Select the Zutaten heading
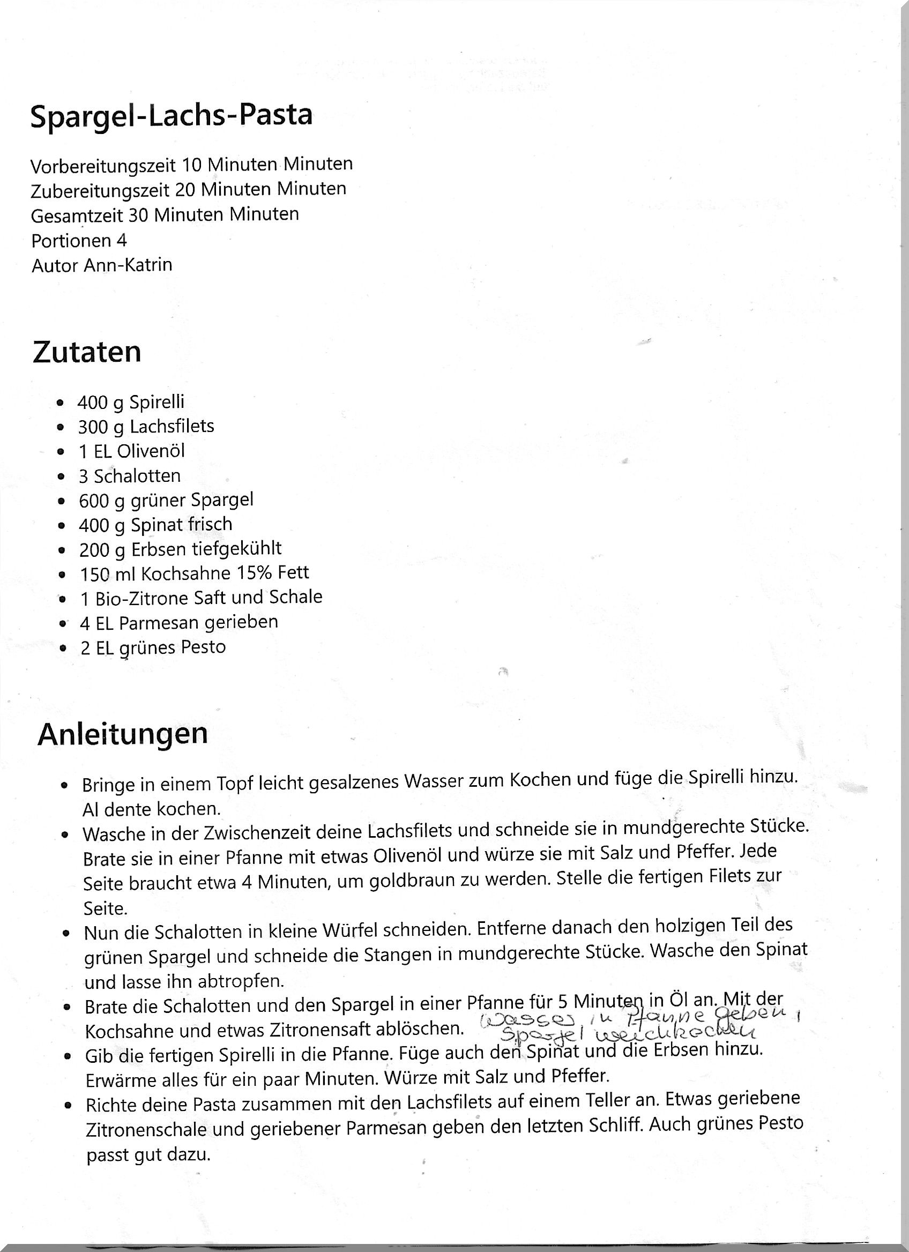(x=87, y=352)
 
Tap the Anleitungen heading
(x=123, y=734)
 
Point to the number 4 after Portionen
(x=122, y=240)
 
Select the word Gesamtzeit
(x=78, y=215)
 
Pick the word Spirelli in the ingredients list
(x=157, y=402)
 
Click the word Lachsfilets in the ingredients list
(x=172, y=426)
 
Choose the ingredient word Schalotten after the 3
(x=137, y=475)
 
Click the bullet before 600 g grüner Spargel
(x=61, y=501)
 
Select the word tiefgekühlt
(x=237, y=548)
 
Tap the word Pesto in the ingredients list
(x=202, y=647)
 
